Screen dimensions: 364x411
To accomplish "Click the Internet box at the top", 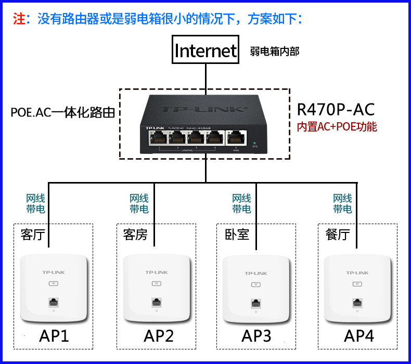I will click(x=205, y=50).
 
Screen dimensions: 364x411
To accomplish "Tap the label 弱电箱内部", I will click(x=274, y=51).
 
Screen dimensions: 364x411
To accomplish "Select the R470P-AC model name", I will click(x=336, y=110).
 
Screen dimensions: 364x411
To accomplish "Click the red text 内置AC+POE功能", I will click(x=337, y=126).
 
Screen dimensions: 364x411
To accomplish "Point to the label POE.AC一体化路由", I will click(x=63, y=112).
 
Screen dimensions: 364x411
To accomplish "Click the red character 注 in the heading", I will click(x=19, y=19).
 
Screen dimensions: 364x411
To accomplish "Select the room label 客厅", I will click(x=32, y=235).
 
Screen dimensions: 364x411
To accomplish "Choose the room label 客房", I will click(x=135, y=235).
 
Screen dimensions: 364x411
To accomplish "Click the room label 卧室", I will click(x=237, y=235).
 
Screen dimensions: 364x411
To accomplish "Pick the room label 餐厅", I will click(x=337, y=235).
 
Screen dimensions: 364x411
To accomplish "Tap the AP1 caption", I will click(x=54, y=336).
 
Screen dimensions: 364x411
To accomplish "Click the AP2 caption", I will click(x=158, y=336).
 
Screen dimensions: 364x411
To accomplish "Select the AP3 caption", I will click(x=256, y=336).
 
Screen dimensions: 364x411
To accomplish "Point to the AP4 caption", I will click(x=359, y=336).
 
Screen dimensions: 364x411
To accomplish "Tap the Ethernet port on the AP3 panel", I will click(x=255, y=303).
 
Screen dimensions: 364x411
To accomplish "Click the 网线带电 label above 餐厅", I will click(x=342, y=204).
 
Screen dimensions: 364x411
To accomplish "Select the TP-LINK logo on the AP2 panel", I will click(x=156, y=272).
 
